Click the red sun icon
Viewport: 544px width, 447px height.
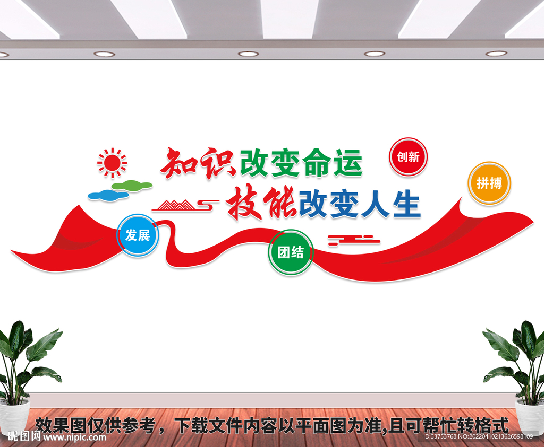(112, 162)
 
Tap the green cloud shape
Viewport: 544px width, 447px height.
(132, 186)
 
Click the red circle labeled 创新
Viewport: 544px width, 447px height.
(408, 157)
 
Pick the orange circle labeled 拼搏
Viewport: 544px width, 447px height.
(489, 183)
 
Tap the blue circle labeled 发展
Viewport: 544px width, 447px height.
(138, 235)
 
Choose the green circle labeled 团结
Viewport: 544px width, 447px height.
(291, 252)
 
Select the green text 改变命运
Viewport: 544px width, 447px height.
(301, 163)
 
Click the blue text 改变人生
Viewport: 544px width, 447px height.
(359, 204)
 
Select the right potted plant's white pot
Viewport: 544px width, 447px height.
(529, 416)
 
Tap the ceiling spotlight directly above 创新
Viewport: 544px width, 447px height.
(375, 54)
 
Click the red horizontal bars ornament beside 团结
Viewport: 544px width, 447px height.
(354, 240)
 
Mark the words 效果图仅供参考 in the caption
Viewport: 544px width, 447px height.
(96, 425)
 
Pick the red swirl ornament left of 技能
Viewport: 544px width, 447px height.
(208, 202)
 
